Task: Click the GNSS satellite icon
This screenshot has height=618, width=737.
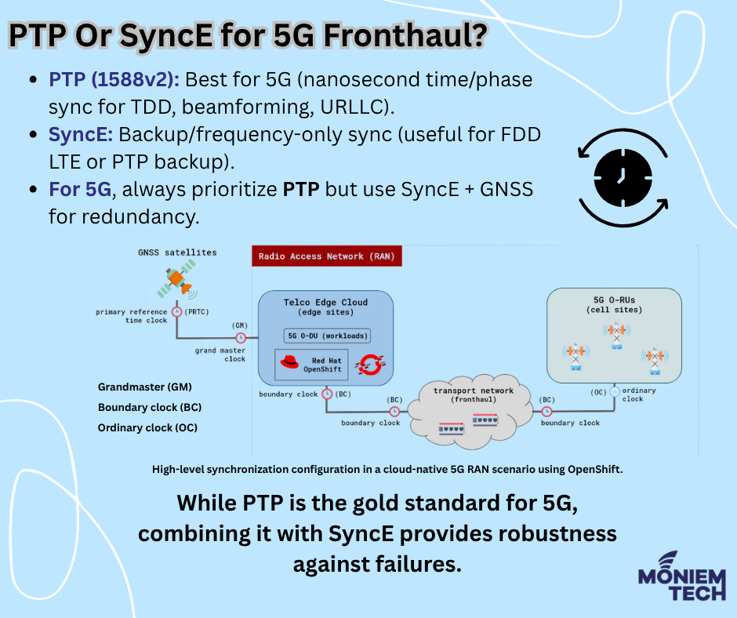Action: point(176,280)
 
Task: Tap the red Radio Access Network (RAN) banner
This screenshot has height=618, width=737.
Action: point(327,256)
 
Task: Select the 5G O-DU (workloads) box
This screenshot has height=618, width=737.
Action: point(327,336)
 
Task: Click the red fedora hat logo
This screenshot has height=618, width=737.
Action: point(289,362)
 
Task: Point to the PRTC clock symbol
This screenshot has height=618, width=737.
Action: point(176,312)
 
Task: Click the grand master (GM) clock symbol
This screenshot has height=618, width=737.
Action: point(240,338)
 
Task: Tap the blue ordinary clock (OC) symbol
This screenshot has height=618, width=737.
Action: point(615,391)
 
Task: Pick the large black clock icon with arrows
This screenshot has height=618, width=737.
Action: point(623,178)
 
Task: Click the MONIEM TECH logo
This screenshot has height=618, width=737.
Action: point(682,576)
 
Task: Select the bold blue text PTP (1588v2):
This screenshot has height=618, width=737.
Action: point(114,79)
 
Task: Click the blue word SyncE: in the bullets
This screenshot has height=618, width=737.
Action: point(81,135)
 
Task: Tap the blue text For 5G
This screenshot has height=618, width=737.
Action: point(80,190)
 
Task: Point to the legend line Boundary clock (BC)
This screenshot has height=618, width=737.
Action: point(150,407)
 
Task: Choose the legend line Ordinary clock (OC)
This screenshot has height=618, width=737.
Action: point(147,428)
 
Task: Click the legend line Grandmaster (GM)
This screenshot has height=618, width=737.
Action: point(145,387)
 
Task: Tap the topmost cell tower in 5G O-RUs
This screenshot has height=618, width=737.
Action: point(617,336)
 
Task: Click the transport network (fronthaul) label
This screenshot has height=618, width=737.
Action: point(474,395)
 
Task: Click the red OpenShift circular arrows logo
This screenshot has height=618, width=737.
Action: point(370,365)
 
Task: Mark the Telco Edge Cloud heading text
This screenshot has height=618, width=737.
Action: point(325,303)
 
